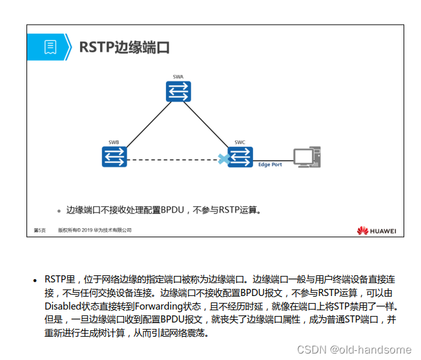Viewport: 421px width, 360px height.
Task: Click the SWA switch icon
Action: click(x=178, y=92)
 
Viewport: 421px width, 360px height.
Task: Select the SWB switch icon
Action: click(x=114, y=157)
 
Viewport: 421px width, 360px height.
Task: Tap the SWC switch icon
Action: click(x=240, y=157)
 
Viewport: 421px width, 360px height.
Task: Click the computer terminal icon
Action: click(x=305, y=157)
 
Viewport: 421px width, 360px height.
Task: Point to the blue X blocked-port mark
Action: click(x=223, y=158)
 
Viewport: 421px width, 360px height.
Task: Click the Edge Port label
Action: click(x=270, y=165)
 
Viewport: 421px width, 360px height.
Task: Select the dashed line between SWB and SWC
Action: click(x=171, y=158)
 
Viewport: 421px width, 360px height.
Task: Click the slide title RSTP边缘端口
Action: click(x=124, y=47)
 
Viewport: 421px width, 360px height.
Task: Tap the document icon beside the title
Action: click(x=50, y=47)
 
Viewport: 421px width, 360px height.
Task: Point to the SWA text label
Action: click(x=178, y=77)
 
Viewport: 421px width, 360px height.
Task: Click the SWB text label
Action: click(x=114, y=142)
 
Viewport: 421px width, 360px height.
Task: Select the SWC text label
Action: click(x=240, y=142)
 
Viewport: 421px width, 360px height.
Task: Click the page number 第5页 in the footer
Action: click(x=39, y=229)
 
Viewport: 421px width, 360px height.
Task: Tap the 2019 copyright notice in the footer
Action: click(x=95, y=229)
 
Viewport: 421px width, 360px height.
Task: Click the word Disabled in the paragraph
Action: click(x=63, y=306)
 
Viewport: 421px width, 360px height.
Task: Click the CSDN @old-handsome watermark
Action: click(x=353, y=349)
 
